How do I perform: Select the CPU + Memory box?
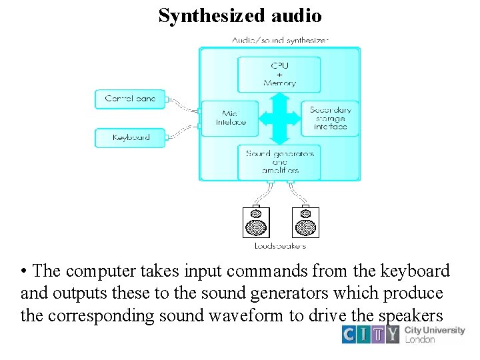tap(279, 75)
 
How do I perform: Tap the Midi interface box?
tap(231, 118)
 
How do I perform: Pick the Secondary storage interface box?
tap(330, 118)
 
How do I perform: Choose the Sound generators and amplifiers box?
tap(279, 162)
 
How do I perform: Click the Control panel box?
tap(130, 99)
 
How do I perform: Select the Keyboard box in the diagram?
tap(130, 137)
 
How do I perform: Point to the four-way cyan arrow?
tap(280, 118)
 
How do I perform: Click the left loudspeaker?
tap(257, 222)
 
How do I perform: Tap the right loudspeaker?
tap(306, 222)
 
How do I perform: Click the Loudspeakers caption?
tap(281, 246)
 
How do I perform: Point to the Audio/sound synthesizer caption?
tap(280, 40)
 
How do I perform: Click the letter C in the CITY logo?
tap(350, 333)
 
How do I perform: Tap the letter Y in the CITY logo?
tap(394, 333)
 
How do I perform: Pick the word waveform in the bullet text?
tap(245, 315)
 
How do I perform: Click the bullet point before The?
tap(23, 272)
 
